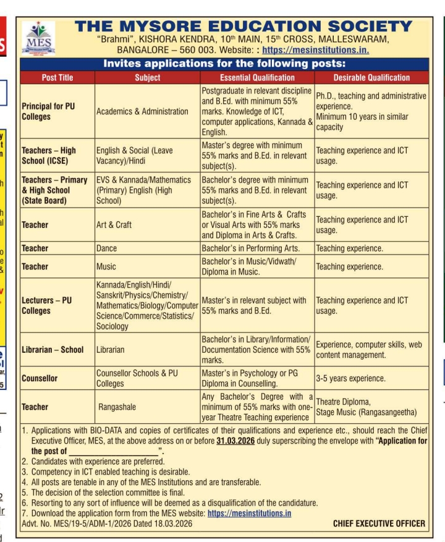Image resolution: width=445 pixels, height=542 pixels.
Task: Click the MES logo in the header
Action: (x=38, y=39)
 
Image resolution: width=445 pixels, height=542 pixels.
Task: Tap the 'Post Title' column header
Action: (x=57, y=77)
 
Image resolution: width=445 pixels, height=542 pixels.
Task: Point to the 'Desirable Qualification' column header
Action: (x=371, y=77)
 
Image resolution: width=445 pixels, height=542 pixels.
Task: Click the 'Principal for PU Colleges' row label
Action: (x=48, y=111)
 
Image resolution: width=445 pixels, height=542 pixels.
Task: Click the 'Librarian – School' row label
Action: (x=53, y=350)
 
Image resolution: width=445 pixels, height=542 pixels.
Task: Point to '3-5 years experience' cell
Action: (x=350, y=378)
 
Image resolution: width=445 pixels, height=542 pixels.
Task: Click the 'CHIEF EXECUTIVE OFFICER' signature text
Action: (x=379, y=523)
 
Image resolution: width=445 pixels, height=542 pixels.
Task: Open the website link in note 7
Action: (x=249, y=513)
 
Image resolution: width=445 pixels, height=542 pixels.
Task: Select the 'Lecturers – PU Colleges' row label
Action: (x=47, y=305)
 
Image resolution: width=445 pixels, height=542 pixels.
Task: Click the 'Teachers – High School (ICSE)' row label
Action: (x=49, y=155)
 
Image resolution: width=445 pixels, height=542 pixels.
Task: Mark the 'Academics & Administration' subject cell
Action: (x=142, y=111)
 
